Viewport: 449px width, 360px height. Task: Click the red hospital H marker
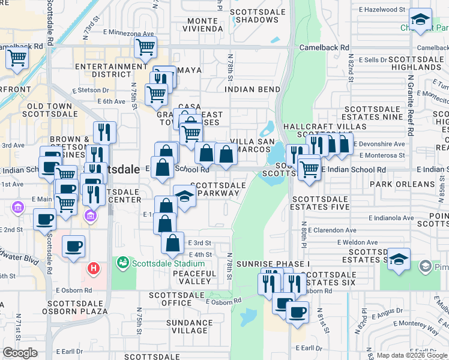[93, 268]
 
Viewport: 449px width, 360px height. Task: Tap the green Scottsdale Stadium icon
[123, 263]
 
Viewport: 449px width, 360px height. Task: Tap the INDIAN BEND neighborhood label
[253, 89]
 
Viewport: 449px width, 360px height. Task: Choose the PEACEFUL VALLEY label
[194, 277]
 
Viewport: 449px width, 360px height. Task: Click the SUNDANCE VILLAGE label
[186, 326]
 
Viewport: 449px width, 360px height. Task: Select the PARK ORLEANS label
[402, 184]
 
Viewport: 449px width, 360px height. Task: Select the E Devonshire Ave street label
[382, 144]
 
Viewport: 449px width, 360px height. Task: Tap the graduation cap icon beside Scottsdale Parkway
[184, 196]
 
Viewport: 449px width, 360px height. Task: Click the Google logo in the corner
[20, 353]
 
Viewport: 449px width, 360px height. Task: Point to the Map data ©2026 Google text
[411, 355]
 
